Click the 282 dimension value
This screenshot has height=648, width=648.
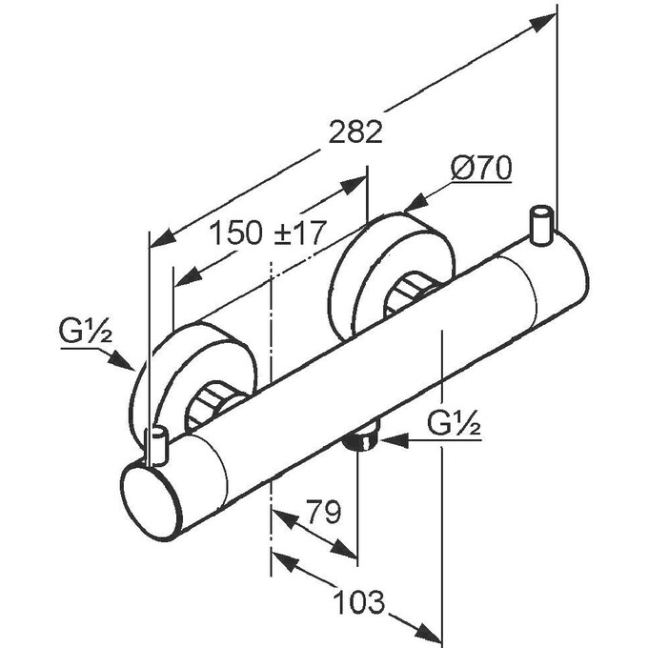pos(354,132)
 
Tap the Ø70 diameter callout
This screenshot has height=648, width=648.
pos(481,169)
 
